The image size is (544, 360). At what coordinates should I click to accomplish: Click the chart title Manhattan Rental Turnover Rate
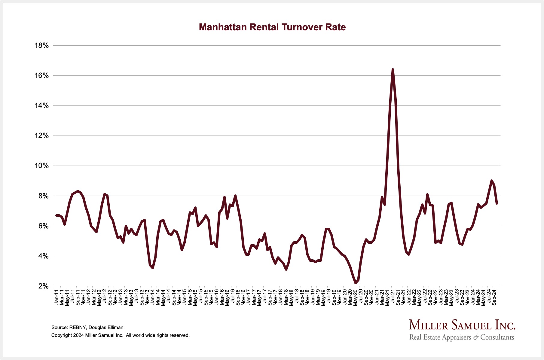[272, 27]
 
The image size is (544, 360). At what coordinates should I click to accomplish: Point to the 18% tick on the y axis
[42, 46]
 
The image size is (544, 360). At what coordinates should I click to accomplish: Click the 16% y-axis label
[42, 76]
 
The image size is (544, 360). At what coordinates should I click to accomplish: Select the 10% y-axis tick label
[42, 166]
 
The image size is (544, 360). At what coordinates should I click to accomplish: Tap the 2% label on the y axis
[44, 286]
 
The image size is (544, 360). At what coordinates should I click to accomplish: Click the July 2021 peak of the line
[393, 70]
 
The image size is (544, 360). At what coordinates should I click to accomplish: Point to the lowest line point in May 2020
[356, 283]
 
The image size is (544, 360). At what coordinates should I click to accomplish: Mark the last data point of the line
[497, 203]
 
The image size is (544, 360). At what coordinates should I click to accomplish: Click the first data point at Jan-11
[56, 215]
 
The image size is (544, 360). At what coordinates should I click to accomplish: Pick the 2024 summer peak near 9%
[491, 181]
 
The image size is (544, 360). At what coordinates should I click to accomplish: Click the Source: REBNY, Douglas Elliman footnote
[87, 328]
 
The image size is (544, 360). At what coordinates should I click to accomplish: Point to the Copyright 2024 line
[120, 335]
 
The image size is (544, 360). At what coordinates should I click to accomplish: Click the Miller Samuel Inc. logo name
[462, 325]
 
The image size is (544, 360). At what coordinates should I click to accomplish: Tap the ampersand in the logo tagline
[476, 337]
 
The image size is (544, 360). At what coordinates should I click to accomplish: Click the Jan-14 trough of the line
[153, 267]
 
